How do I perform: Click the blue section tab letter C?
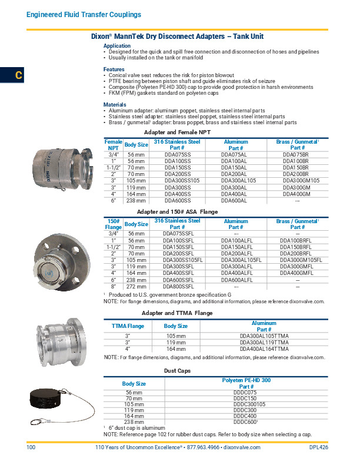[x=19, y=75]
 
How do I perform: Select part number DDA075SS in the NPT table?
[x=177, y=154]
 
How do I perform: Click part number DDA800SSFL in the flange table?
[x=177, y=287]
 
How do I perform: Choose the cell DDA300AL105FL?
[x=236, y=260]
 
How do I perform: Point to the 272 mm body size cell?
[x=136, y=287]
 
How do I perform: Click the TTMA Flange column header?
[x=128, y=326]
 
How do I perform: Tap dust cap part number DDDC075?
[x=246, y=392]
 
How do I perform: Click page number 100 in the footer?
[x=32, y=448]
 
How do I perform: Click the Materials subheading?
[x=115, y=105]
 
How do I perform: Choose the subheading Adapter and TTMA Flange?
[x=177, y=313]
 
